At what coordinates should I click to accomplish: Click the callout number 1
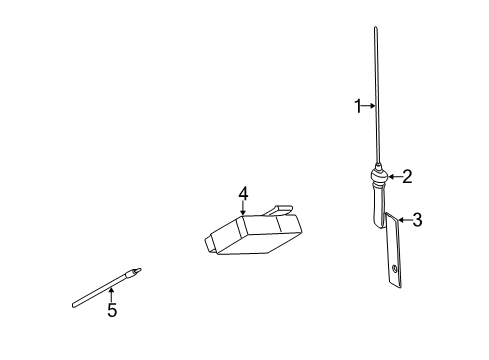click(358, 105)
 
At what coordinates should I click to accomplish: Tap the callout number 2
click(406, 176)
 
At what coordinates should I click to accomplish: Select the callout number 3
click(417, 220)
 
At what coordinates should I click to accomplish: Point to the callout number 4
click(243, 193)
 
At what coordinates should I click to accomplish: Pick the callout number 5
click(112, 311)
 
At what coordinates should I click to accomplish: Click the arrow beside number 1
click(369, 105)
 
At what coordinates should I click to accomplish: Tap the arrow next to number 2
click(394, 177)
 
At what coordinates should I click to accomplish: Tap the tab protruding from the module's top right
click(281, 210)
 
